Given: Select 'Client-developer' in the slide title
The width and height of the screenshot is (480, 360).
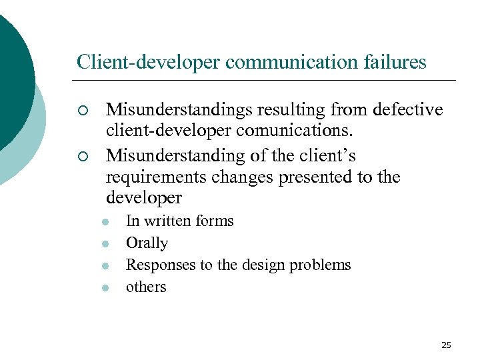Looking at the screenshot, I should pyautogui.click(x=149, y=62).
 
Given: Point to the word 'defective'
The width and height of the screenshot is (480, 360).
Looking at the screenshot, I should pyautogui.click(x=407, y=109).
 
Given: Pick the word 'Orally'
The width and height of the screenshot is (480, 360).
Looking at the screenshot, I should pyautogui.click(x=147, y=243).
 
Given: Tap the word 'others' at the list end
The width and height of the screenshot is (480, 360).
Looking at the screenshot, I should pyautogui.click(x=146, y=287).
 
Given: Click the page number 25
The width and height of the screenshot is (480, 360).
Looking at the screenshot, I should pyautogui.click(x=446, y=345).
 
